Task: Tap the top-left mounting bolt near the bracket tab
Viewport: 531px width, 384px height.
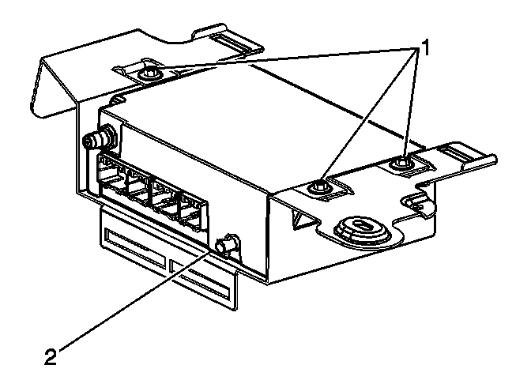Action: (x=149, y=74)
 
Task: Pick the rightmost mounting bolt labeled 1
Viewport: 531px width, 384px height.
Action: (x=403, y=164)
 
